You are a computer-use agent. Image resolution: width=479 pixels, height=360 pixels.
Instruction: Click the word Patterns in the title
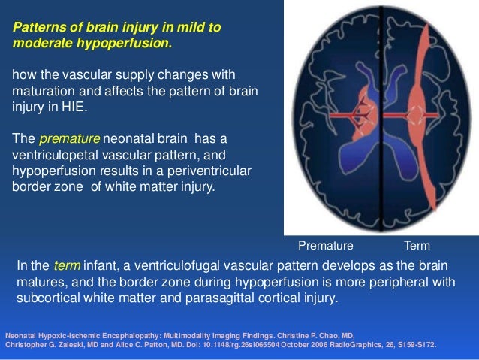pyautogui.click(x=37, y=28)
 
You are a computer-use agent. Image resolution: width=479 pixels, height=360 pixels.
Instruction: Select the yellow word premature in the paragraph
pyautogui.click(x=65, y=139)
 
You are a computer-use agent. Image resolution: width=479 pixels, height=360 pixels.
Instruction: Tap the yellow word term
pyautogui.click(x=67, y=267)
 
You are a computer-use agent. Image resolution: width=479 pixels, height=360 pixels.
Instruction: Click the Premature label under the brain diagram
pyautogui.click(x=325, y=246)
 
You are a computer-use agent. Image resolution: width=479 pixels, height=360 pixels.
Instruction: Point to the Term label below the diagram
pyautogui.click(x=417, y=246)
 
